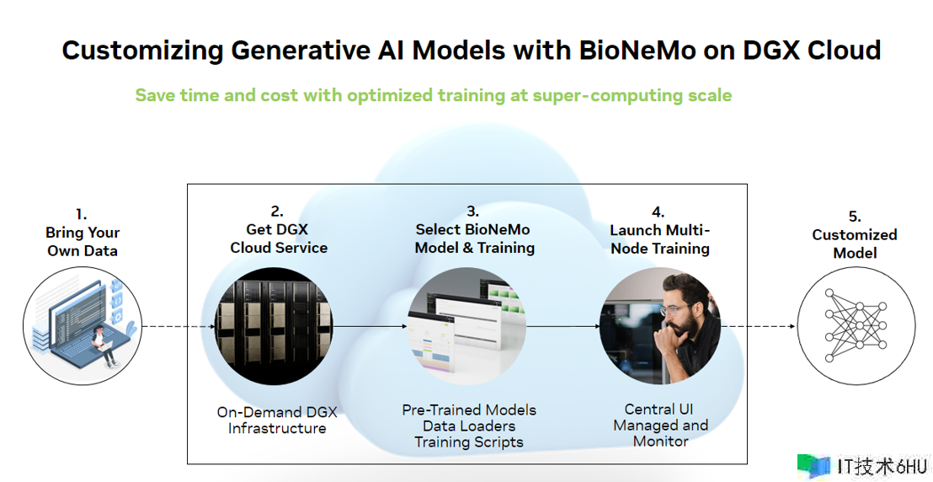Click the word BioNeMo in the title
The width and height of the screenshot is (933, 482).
637,50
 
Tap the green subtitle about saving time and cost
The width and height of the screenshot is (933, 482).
433,95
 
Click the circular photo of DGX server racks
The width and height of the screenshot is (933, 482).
273,326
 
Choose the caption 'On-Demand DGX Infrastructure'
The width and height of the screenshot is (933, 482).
277,420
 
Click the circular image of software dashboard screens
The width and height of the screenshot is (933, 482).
466,326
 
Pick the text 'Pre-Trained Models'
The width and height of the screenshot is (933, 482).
469,410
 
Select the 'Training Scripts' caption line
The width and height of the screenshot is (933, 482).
469,442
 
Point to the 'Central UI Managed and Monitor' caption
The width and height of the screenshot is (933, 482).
660,426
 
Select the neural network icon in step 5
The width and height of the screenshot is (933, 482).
856,325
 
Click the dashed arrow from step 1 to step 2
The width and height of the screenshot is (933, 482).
178,326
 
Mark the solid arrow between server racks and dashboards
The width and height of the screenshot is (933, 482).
371,326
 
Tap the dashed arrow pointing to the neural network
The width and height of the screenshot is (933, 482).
758,326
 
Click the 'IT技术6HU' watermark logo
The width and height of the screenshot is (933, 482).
863,467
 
